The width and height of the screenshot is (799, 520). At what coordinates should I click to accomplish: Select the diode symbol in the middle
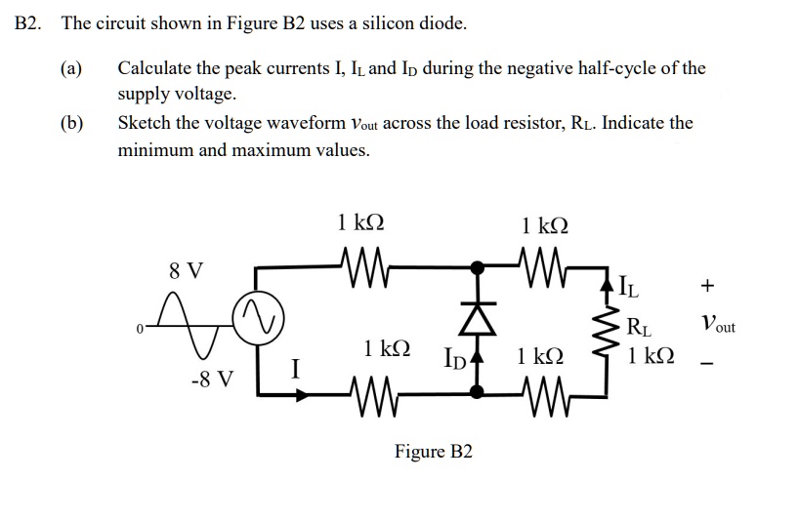coord(478,317)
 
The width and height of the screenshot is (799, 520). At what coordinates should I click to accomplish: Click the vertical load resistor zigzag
coord(608,329)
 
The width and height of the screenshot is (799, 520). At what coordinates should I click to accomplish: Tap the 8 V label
coord(187,270)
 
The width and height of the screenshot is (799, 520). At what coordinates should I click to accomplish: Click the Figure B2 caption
coord(433,451)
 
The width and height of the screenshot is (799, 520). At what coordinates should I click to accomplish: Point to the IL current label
coord(631,287)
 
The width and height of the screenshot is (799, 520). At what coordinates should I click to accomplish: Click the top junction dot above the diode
coord(478,265)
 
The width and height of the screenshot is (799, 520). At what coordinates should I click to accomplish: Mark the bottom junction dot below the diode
coord(478,392)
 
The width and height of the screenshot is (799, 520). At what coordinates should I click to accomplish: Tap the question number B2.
coord(28,23)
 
